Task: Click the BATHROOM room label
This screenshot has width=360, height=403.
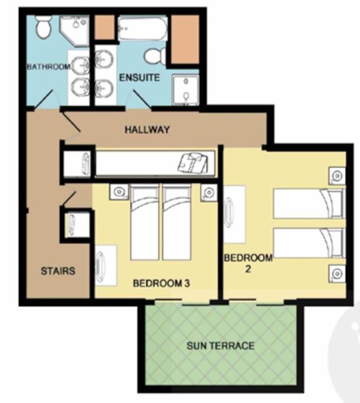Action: tap(48, 67)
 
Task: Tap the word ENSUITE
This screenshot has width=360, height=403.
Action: tap(140, 77)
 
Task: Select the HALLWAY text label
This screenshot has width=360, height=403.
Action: tap(147, 129)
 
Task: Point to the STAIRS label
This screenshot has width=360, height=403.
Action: tap(58, 271)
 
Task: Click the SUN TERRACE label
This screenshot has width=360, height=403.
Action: tap(221, 346)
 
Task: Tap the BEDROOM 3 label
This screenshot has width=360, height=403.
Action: tap(161, 283)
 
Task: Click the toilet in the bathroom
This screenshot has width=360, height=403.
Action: tap(43, 27)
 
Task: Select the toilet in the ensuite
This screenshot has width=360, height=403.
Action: tap(155, 56)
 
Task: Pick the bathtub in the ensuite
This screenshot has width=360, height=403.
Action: tap(143, 28)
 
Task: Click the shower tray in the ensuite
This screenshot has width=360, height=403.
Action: tap(185, 90)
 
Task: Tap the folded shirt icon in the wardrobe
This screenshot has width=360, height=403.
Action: tap(193, 163)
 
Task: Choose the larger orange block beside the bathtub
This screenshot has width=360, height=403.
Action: tap(185, 40)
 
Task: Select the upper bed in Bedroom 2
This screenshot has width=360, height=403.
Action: tap(309, 204)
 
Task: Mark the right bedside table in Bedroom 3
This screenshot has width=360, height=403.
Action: tap(209, 192)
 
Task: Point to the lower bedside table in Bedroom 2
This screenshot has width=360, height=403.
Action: tap(337, 274)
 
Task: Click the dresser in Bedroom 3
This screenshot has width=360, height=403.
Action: tap(106, 266)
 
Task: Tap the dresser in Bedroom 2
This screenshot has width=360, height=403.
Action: tap(234, 214)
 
